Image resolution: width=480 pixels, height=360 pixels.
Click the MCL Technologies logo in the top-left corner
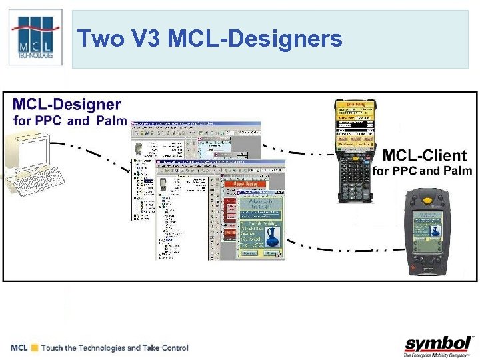[x=35, y=37]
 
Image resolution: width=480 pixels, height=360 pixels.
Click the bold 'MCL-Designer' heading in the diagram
[x=67, y=105]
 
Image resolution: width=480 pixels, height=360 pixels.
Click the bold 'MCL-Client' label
[x=424, y=156]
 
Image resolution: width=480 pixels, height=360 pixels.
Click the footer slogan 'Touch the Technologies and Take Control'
[x=114, y=348]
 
